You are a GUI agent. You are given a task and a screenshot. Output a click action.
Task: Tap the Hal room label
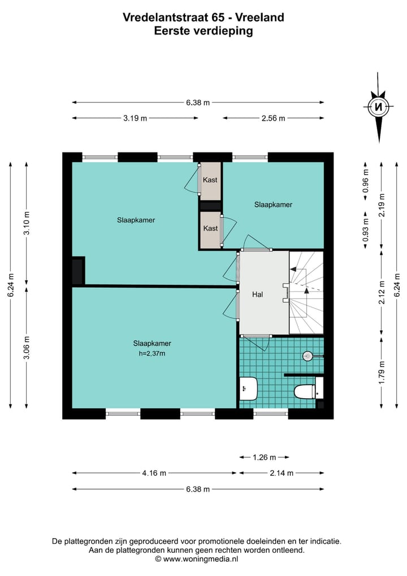[258, 294]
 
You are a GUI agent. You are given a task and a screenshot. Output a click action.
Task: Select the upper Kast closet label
[210, 180]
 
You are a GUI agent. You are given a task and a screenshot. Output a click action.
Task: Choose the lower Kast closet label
[210, 228]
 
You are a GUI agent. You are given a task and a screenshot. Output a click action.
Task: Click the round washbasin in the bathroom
[308, 356]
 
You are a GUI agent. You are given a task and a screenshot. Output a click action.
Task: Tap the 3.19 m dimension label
[135, 118]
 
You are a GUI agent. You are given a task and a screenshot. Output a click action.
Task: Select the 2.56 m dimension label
[273, 118]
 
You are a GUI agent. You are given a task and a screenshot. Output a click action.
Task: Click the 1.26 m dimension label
[264, 457]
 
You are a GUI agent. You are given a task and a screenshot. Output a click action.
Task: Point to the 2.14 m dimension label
[281, 473]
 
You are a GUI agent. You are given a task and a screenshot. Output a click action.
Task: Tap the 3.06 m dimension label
[27, 348]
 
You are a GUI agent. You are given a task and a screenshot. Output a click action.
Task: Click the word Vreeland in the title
[261, 18]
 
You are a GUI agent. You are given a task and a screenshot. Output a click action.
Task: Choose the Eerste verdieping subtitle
[203, 31]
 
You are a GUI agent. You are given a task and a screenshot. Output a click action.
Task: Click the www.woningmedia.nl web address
[201, 558]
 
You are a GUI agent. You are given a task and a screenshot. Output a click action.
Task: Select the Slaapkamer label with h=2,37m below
[152, 343]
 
